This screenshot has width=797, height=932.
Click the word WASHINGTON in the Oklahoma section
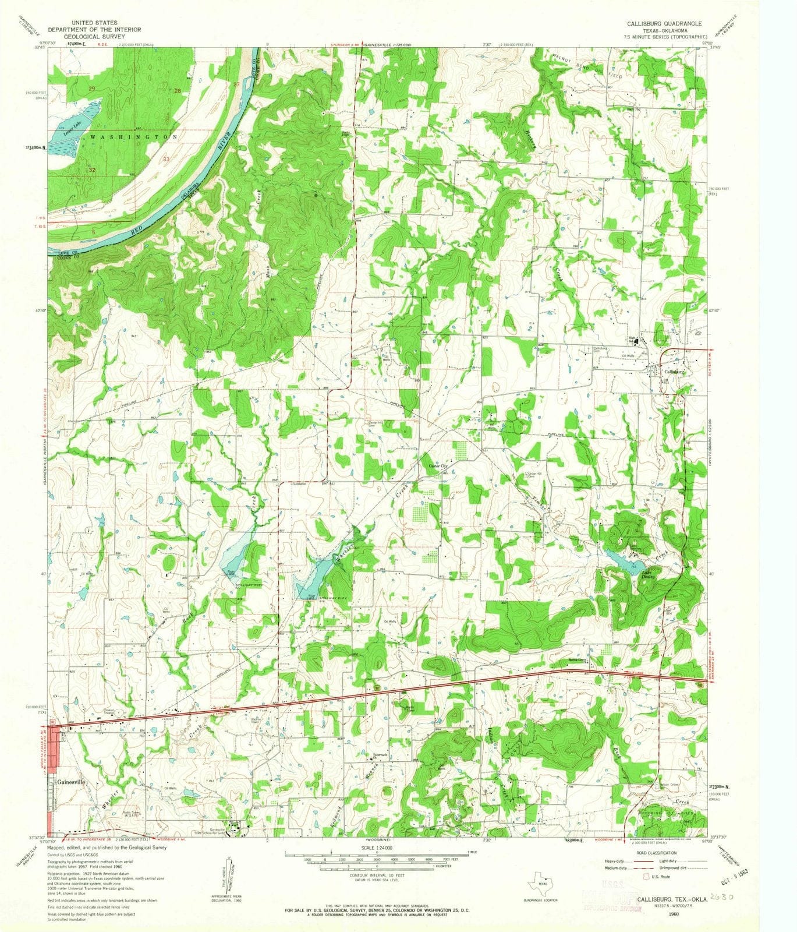[x=133, y=136]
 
